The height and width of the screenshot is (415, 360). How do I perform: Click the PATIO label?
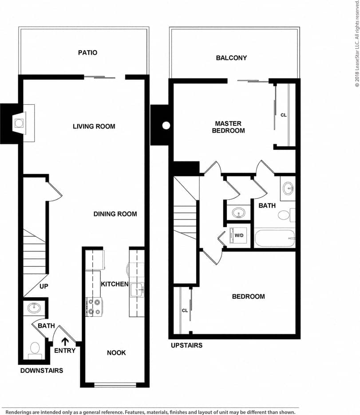click(87, 53)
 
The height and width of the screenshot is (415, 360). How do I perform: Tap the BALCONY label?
click(231, 58)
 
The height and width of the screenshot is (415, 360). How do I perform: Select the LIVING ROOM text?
click(94, 126)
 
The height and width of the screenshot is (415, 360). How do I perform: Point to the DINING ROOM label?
click(115, 214)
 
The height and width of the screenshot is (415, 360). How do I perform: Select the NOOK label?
click(116, 352)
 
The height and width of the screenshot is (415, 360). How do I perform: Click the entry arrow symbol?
click(65, 341)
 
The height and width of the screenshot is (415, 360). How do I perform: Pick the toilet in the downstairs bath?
click(34, 350)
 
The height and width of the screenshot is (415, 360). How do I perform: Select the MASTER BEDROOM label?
click(228, 127)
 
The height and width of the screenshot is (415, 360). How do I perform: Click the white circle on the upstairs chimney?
click(166, 125)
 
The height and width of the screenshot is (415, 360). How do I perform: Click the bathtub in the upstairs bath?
click(274, 239)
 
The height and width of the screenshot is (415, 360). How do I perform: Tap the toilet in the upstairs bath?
click(284, 215)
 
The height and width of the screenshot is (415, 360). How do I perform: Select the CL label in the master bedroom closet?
click(284, 115)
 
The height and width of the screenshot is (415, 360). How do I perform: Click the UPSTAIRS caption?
click(186, 345)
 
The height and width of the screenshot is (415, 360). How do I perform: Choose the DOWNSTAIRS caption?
click(42, 370)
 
